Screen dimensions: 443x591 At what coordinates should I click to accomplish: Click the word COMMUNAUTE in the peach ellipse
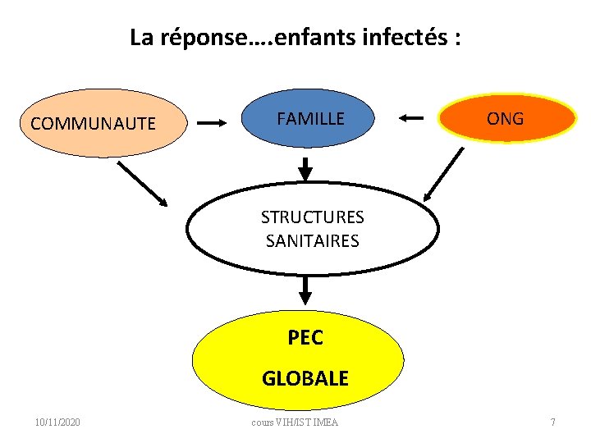pyautogui.click(x=93, y=124)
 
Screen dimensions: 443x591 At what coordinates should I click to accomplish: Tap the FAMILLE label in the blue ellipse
pyautogui.click(x=310, y=119)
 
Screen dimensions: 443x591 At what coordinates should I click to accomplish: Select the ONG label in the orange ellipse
pyautogui.click(x=505, y=119)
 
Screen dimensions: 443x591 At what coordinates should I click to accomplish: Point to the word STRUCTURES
pyautogui.click(x=312, y=217)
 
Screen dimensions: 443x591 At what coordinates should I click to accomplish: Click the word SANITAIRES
pyautogui.click(x=312, y=241)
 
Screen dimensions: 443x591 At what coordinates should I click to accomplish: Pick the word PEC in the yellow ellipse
pyautogui.click(x=305, y=337)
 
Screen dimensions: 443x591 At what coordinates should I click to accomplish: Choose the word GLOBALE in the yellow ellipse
pyautogui.click(x=305, y=378)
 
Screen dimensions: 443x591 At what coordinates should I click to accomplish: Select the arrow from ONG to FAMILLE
pyautogui.click(x=411, y=119)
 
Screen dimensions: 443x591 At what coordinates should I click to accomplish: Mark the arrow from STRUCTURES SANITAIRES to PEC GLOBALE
pyautogui.click(x=305, y=289)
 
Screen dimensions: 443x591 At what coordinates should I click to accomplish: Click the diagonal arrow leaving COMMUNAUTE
pyautogui.click(x=142, y=184)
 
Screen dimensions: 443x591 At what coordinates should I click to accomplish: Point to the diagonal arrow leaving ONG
pyautogui.click(x=444, y=175)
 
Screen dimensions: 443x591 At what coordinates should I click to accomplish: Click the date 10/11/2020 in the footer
pyautogui.click(x=57, y=422)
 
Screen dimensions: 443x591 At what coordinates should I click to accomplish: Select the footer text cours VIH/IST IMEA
pyautogui.click(x=295, y=422)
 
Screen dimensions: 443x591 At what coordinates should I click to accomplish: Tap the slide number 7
pyautogui.click(x=552, y=422)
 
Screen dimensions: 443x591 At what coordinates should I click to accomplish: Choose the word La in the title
pyautogui.click(x=140, y=37)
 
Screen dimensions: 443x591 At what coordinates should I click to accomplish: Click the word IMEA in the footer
pyautogui.click(x=326, y=422)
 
